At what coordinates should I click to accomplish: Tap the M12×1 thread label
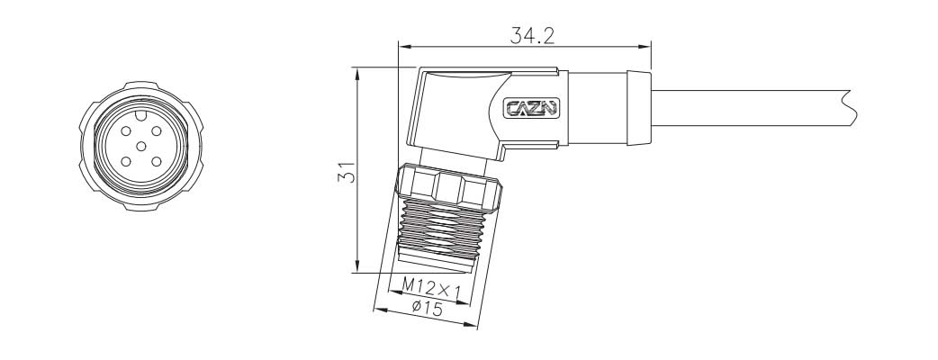[x=429, y=288]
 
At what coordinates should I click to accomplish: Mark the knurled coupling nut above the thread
[x=450, y=185]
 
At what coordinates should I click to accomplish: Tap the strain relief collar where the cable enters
[x=636, y=107]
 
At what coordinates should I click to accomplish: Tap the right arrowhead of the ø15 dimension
[x=471, y=324]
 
